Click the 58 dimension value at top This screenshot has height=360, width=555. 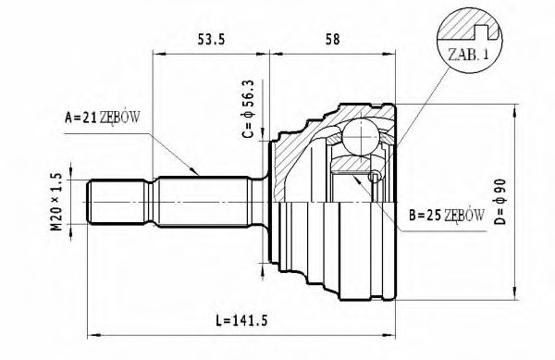point(332,38)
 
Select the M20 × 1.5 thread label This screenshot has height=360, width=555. point(57,203)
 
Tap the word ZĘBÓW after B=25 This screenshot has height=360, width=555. point(465,216)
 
